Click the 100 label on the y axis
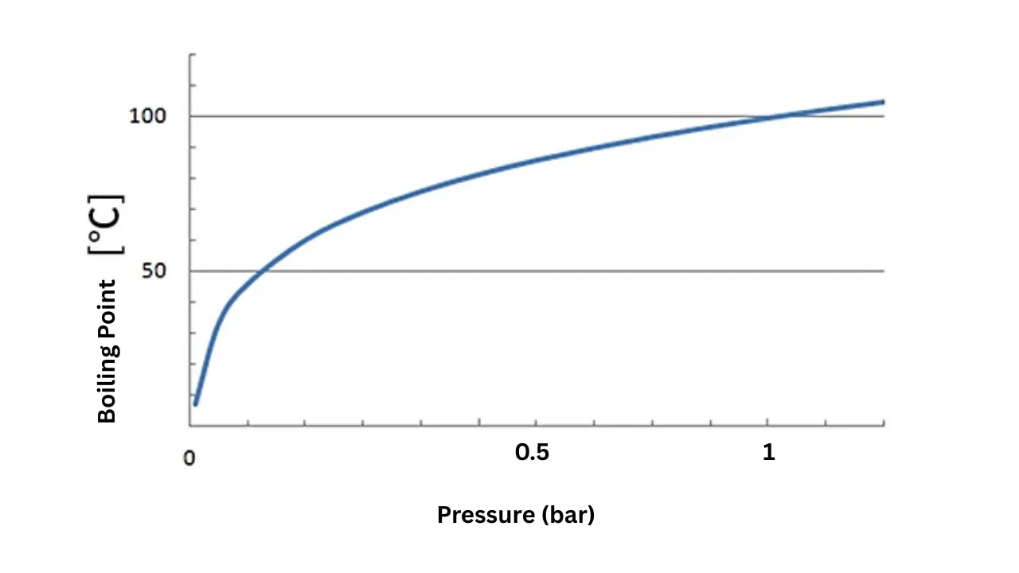147,116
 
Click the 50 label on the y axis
152,271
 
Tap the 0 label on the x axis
189,459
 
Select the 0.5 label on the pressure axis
532,453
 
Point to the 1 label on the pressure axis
768,453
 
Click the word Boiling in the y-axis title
107,386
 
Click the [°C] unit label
107,224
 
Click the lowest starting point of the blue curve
195,404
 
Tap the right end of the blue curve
884,101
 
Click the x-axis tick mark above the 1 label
767,422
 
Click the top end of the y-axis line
191,55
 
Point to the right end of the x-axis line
884,426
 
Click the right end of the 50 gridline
884,271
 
